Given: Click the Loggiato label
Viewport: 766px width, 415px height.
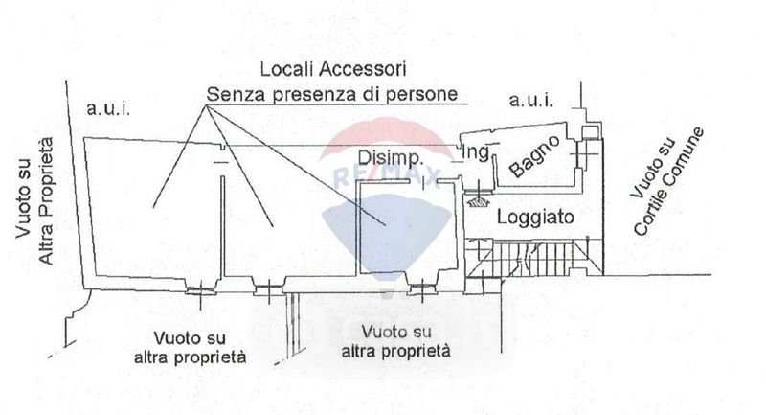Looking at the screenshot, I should coord(535,218).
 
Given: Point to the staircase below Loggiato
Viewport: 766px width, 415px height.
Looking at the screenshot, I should coord(536,257).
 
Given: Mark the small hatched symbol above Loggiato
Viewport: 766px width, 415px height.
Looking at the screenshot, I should coord(475,198).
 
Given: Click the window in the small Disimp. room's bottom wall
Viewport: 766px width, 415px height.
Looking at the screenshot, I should coord(418,285).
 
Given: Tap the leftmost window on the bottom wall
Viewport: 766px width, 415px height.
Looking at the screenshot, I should coord(200,288).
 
